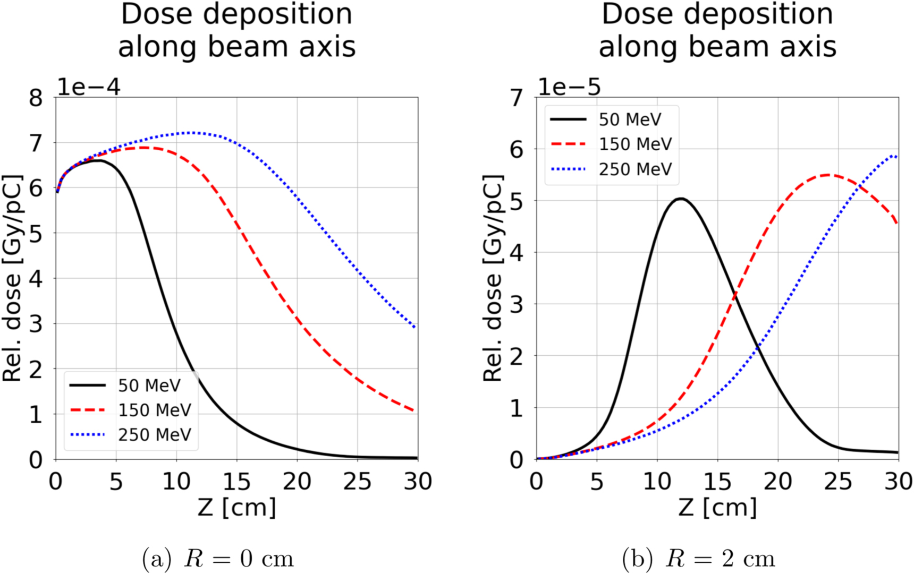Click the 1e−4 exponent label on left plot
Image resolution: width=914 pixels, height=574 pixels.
tap(89, 87)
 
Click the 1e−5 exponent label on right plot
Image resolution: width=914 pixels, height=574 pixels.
tap(569, 87)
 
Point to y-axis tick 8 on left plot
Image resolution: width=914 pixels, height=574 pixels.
tap(36, 98)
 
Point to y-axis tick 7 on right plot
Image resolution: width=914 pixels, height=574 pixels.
tap(517, 98)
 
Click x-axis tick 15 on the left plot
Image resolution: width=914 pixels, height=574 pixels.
tap(236, 482)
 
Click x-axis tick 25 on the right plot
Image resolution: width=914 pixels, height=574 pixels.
tap(838, 482)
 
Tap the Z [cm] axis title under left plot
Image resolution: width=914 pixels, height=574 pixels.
tap(237, 508)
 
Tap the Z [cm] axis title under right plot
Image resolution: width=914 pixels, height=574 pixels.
tap(717, 508)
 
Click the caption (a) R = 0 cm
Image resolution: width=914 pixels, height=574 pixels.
tap(218, 559)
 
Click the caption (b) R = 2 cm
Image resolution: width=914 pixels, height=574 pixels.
tap(698, 559)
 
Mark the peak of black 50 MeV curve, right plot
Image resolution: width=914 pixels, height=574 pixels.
tap(681, 199)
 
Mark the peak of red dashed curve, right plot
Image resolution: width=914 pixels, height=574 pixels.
tap(828, 174)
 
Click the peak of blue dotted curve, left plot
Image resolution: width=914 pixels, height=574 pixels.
tap(190, 132)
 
